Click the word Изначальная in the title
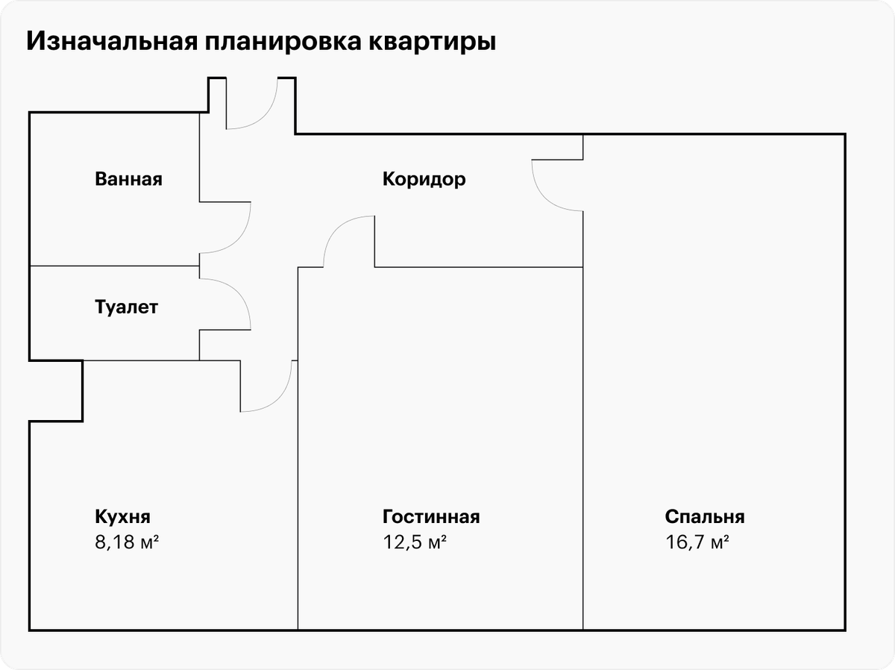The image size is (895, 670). pyautogui.click(x=112, y=41)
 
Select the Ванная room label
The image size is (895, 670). pyautogui.click(x=128, y=179)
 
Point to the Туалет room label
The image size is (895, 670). pyautogui.click(x=126, y=307)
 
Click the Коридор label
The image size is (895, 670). pyautogui.click(x=424, y=179)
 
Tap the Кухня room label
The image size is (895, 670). pyautogui.click(x=123, y=516)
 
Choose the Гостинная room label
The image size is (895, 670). pyautogui.click(x=431, y=516)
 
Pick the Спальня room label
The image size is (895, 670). pyautogui.click(x=705, y=516)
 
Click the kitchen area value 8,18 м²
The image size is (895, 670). pyautogui.click(x=127, y=542)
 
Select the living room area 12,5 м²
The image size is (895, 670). pyautogui.click(x=415, y=542)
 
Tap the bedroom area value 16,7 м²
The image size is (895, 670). pyautogui.click(x=697, y=542)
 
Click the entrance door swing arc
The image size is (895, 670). pyautogui.click(x=263, y=114)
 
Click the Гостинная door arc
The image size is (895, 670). pyautogui.click(x=339, y=231)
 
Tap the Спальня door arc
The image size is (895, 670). pyautogui.click(x=547, y=196)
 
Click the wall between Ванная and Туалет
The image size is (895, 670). pyautogui.click(x=115, y=266)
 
